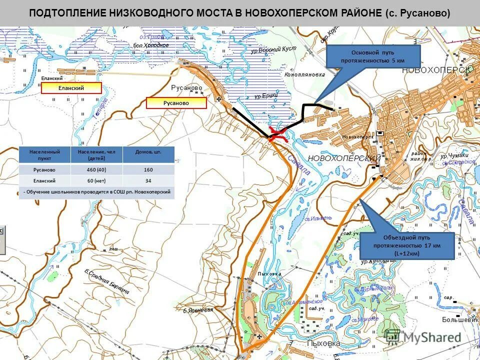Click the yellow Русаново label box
point(176,103)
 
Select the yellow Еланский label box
point(71,88)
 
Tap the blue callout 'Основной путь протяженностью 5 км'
point(373,56)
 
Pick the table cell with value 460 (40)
point(96,169)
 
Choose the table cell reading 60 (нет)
point(96,180)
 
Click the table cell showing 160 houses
point(148,169)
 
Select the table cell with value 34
point(148,180)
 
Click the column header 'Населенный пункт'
point(44,154)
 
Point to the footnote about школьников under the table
point(97,191)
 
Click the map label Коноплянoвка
point(304,74)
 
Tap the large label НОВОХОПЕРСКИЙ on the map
point(344,158)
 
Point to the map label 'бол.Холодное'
point(151,45)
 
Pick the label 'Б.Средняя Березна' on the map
point(107,282)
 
